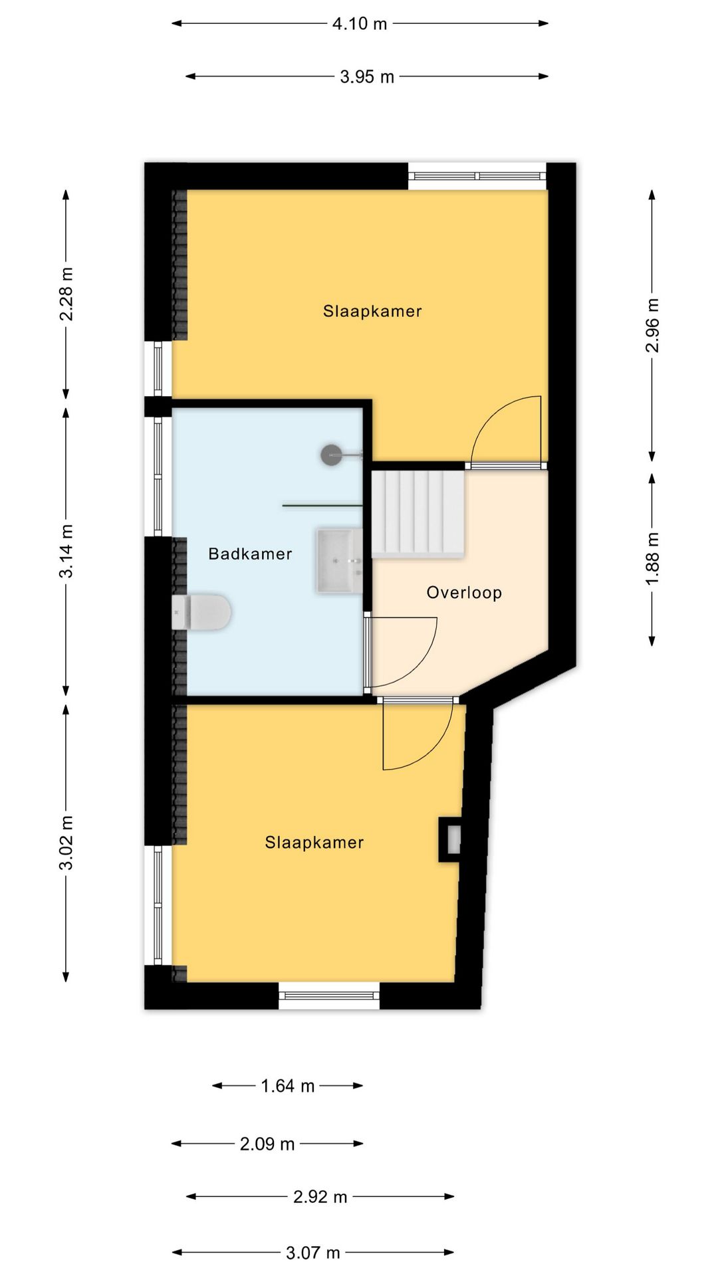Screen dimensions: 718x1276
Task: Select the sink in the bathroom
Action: [340, 561]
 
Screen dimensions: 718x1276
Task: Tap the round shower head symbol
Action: [331, 455]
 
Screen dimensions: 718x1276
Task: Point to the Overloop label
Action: [464, 592]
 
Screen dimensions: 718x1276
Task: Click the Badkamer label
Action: [250, 554]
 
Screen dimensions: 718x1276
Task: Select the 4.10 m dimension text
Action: [360, 24]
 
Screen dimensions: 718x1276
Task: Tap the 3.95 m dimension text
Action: [367, 77]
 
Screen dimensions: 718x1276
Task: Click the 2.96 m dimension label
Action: [653, 325]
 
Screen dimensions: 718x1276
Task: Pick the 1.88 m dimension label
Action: [653, 559]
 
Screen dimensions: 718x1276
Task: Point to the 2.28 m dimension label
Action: [66, 294]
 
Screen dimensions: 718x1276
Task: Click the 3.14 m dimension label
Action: [66, 551]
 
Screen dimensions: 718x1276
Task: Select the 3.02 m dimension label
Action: [66, 842]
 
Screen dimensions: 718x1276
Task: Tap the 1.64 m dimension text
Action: [287, 1086]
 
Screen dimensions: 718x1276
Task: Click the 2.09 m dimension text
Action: [267, 1144]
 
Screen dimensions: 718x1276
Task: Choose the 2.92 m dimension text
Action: [320, 1197]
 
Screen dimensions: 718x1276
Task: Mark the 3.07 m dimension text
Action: [313, 1253]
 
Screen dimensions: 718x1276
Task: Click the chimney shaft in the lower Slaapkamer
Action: [450, 839]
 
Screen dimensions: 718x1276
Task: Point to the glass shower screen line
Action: [323, 506]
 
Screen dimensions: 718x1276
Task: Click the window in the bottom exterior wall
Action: [329, 995]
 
